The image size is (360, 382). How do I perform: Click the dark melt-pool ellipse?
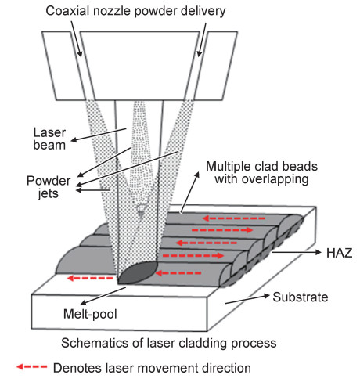coord(138,273)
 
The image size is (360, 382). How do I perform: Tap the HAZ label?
coord(339,253)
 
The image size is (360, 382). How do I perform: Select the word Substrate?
coord(301,297)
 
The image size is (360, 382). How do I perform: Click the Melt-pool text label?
coord(90,314)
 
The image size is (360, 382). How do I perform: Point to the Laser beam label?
coord(49,139)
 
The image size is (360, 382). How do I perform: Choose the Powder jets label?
coord(49,187)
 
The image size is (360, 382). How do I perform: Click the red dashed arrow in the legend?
coord(32,367)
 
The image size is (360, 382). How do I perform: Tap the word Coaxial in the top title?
coord(66,11)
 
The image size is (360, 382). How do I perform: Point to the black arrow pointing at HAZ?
coord(297,252)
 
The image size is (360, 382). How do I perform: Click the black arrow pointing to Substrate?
coord(247,299)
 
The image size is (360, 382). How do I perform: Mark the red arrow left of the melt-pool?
coord(90,278)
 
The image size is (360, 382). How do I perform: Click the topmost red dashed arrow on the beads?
coord(234,218)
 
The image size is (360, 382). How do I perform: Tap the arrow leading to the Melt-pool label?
coord(103,296)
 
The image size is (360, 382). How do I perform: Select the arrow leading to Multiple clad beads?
coord(189,193)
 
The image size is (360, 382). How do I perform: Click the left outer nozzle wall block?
coord(64,66)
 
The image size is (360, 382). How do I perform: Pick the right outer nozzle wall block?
coord(215,66)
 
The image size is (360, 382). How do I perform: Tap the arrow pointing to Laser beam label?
coord(99,135)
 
